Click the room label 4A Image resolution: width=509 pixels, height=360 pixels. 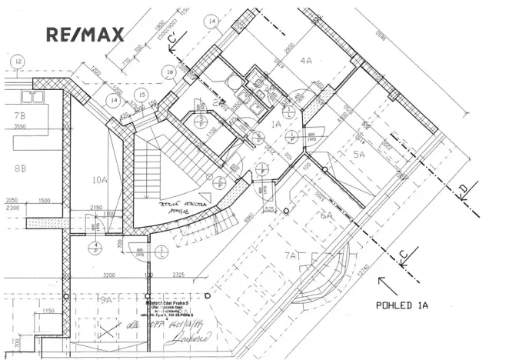click(x=306, y=59)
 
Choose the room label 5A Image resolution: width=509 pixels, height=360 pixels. click(x=359, y=154)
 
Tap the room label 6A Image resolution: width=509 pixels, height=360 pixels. click(x=326, y=216)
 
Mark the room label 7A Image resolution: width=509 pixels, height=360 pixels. click(x=290, y=255)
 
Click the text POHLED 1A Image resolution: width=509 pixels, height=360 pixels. click(x=401, y=305)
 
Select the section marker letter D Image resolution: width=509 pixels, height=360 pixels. click(x=464, y=188)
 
